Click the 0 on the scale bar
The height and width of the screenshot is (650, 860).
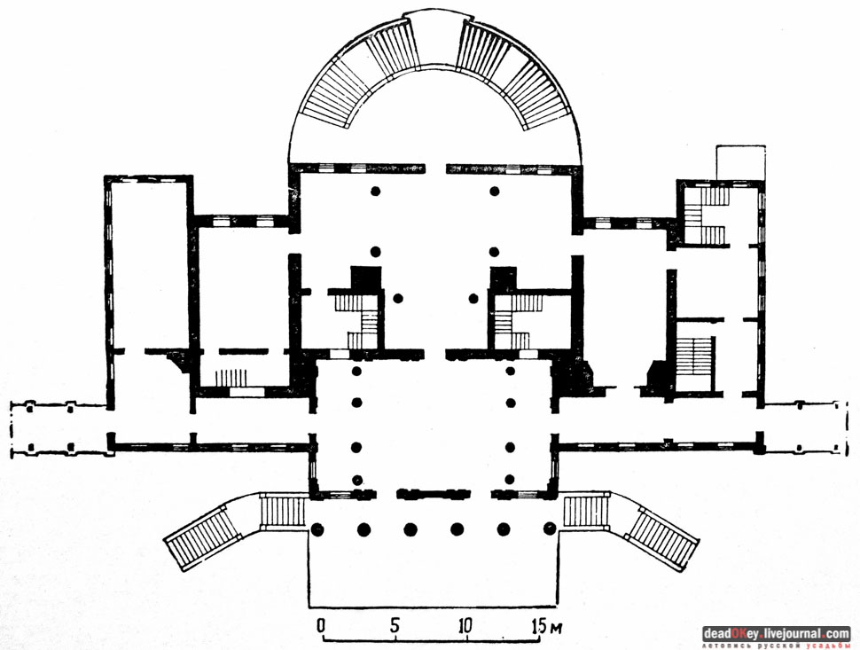pyautogui.click(x=322, y=625)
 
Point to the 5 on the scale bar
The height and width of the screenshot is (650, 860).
pyautogui.click(x=395, y=625)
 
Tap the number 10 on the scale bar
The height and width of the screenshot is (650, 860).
pyautogui.click(x=465, y=625)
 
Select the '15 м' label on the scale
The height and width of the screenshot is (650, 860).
pyautogui.click(x=547, y=625)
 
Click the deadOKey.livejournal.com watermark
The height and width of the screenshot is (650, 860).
pyautogui.click(x=776, y=634)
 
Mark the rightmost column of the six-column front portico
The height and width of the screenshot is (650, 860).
pyautogui.click(x=550, y=529)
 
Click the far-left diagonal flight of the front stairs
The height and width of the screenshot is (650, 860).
pyautogui.click(x=203, y=540)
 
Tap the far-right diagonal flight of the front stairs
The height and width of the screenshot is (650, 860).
pyautogui.click(x=661, y=538)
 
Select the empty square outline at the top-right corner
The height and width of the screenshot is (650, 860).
pyautogui.click(x=740, y=162)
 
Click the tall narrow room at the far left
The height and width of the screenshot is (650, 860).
pyautogui.click(x=148, y=262)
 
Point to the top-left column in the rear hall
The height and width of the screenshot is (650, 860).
pyautogui.click(x=376, y=192)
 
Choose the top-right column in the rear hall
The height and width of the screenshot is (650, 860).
pyautogui.click(x=495, y=192)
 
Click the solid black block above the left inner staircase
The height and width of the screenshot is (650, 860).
pyautogui.click(x=365, y=278)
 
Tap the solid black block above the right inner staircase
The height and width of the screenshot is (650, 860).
pyautogui.click(x=504, y=278)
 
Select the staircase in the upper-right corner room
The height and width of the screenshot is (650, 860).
pyautogui.click(x=705, y=215)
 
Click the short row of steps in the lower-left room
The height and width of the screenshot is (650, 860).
pyautogui.click(x=231, y=378)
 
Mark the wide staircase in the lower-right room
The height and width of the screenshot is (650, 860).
pyautogui.click(x=694, y=356)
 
